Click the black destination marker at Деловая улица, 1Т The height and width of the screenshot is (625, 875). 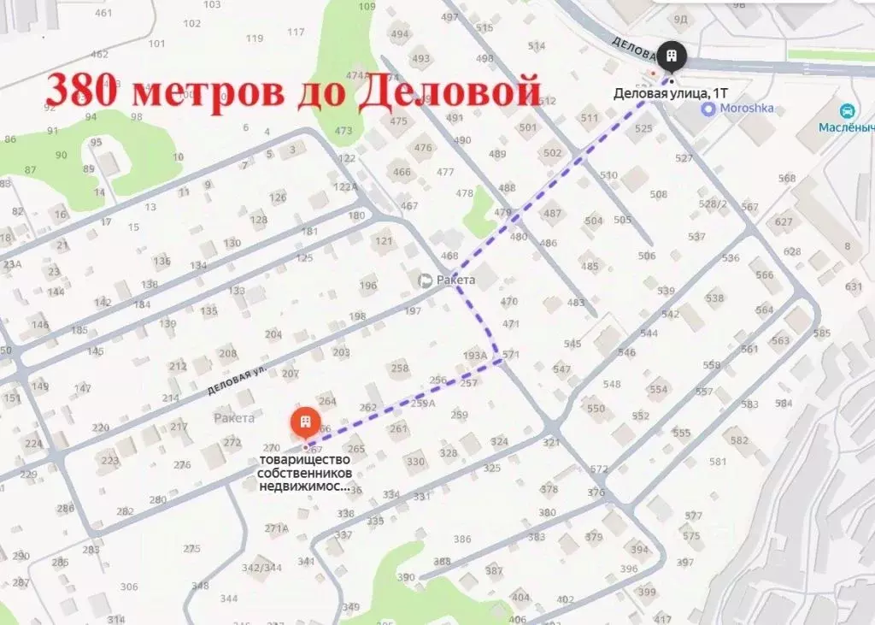click(672, 56)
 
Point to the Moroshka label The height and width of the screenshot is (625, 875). click(747, 109)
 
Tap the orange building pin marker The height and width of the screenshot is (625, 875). click(304, 422)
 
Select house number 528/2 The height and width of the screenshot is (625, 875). click(713, 203)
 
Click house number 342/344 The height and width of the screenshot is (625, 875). click(261, 567)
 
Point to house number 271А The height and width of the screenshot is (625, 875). click(276, 528)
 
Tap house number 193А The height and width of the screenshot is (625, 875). click(474, 355)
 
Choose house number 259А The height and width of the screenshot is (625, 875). click(422, 403)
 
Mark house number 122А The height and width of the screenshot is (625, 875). click(345, 186)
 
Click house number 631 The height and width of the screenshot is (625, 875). click(854, 286)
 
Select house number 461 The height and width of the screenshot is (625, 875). click(103, 13)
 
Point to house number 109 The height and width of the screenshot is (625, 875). click(367, 7)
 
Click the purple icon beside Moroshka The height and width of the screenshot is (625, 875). click(708, 109)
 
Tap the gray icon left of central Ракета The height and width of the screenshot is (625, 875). click(425, 280)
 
